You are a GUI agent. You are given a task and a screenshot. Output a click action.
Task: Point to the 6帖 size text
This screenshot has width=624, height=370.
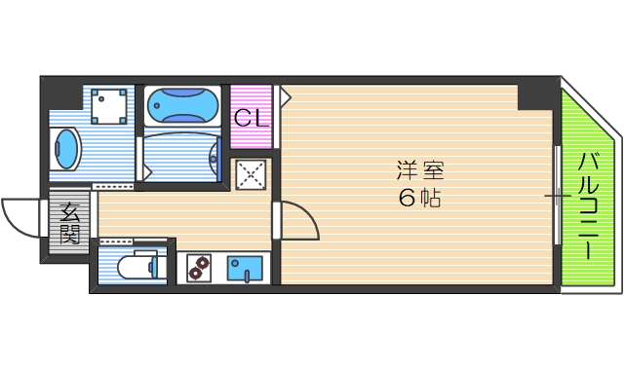click(420, 199)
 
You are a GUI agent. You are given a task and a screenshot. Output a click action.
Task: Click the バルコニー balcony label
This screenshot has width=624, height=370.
click(589, 204)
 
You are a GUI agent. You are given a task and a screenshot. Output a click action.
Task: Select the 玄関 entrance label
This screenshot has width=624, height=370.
click(71, 223)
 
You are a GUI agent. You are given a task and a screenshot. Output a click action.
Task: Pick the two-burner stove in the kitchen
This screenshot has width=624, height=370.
click(198, 267)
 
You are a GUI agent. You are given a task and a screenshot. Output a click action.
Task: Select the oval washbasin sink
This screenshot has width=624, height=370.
click(67, 149)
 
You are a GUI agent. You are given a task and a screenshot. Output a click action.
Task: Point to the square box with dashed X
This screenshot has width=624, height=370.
click(251, 175)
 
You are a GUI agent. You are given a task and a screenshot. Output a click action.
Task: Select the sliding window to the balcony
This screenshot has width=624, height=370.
click(558, 195)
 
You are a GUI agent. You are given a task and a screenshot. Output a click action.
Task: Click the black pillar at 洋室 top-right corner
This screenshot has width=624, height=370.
click(531, 95)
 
